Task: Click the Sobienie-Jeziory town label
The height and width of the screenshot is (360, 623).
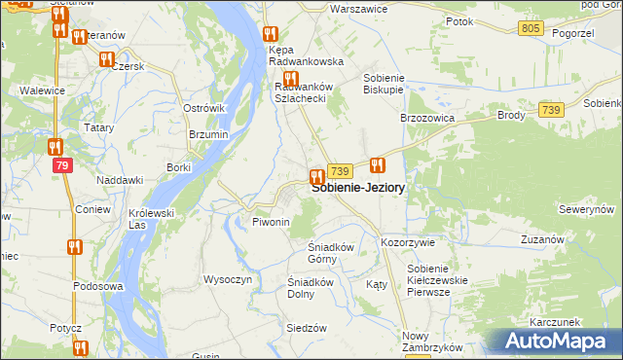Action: (x=358, y=189)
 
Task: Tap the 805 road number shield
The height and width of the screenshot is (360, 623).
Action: (x=531, y=28)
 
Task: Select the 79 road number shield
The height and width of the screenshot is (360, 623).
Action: (x=62, y=166)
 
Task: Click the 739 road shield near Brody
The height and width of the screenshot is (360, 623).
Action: (x=550, y=111)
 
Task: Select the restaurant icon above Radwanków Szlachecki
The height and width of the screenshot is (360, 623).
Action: (x=289, y=79)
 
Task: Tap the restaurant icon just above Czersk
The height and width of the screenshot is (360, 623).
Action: (x=106, y=59)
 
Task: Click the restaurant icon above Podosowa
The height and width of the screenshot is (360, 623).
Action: (x=73, y=247)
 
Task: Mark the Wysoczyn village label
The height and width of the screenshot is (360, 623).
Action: (x=228, y=279)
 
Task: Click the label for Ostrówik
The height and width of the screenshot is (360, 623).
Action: (x=204, y=108)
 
